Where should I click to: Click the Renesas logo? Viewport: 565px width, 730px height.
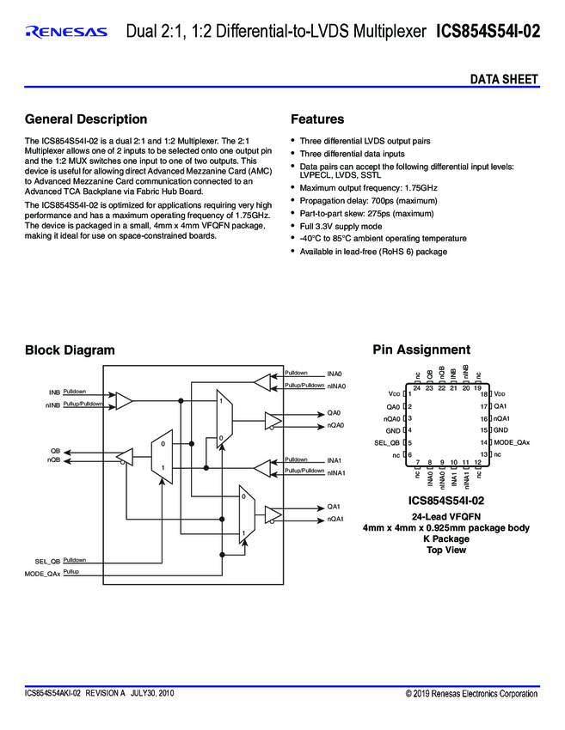(66, 33)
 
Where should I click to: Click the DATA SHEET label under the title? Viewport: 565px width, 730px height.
(504, 79)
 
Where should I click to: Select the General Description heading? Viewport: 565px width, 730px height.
(86, 119)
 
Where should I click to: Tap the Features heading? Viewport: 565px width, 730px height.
(317, 119)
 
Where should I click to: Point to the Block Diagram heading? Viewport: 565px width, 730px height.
(70, 350)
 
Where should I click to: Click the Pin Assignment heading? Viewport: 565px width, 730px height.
(421, 350)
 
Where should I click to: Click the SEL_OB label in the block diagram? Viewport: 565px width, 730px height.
(41, 560)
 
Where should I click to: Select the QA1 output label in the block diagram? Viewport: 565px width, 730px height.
(335, 507)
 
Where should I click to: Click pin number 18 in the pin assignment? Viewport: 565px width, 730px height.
(484, 393)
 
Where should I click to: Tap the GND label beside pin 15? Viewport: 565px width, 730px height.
(501, 429)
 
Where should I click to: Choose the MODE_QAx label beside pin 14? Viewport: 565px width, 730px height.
(512, 441)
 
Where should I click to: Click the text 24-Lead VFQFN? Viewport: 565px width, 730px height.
(446, 516)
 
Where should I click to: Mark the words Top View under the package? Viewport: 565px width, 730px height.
(446, 551)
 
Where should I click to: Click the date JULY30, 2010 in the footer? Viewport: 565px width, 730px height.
(152, 693)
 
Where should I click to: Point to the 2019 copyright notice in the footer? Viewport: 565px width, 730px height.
(471, 693)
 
